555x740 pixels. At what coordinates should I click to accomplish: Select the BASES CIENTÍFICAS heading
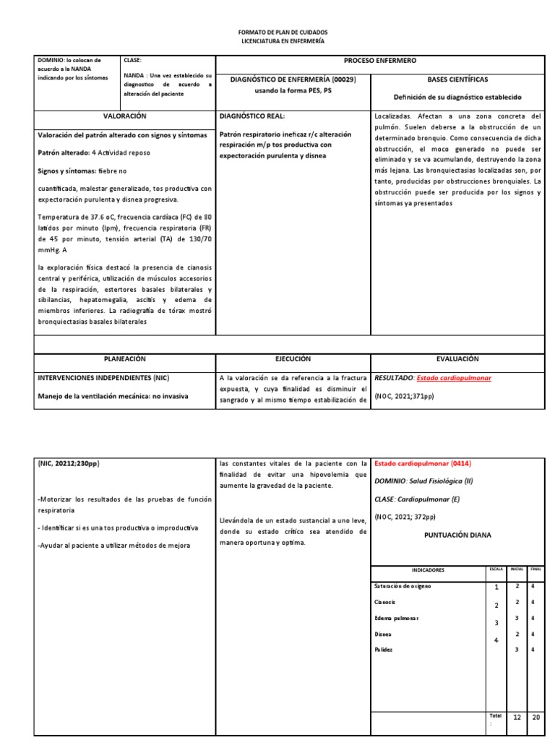tap(457, 79)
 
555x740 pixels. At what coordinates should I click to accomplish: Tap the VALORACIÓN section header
tap(125, 116)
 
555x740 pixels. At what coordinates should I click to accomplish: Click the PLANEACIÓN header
tap(125, 358)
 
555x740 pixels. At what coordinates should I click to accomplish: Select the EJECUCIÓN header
tap(293, 358)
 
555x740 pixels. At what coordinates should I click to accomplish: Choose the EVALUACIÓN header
tap(457, 358)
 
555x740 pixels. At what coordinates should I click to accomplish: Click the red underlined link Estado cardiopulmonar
tap(452, 378)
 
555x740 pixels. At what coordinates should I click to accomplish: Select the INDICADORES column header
tap(429, 570)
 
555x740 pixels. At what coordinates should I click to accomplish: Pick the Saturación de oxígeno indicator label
tap(403, 586)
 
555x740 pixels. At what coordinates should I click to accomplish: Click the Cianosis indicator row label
tap(385, 601)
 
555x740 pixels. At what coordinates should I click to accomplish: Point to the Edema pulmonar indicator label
tap(396, 618)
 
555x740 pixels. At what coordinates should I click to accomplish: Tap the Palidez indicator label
tap(384, 650)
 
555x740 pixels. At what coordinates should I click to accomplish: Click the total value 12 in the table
tap(517, 717)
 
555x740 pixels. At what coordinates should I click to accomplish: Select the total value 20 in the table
tap(535, 717)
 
